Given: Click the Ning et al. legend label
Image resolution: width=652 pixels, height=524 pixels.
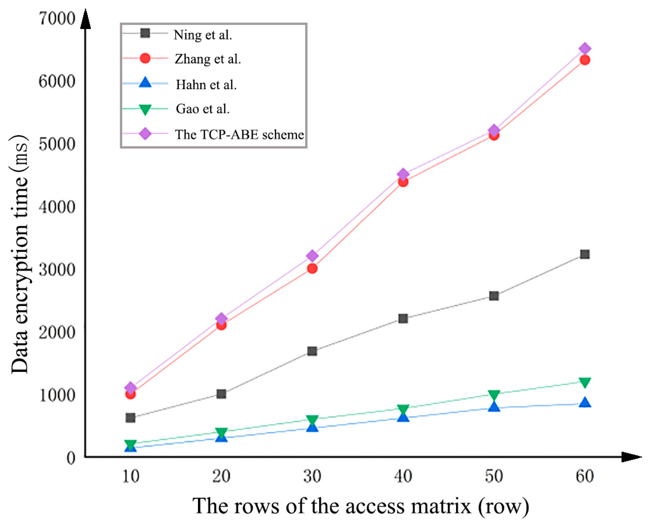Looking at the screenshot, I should point(203,35).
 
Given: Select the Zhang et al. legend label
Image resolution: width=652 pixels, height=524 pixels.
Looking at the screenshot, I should point(208,59).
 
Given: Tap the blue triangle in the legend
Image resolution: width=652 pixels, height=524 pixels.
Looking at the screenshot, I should point(145,83).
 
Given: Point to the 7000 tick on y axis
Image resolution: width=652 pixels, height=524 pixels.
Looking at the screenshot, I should point(57,19).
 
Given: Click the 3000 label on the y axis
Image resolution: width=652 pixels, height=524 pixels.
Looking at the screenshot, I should point(57,269).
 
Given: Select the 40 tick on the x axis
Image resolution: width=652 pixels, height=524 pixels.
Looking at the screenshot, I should point(403,476).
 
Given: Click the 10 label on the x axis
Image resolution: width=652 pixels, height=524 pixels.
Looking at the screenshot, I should point(131,476).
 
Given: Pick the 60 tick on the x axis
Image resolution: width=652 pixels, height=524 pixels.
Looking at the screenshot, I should point(584,476).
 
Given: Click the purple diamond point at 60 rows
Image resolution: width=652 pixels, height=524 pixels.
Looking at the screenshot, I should point(584,48).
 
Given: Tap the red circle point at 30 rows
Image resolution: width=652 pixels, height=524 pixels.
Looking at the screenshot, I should point(312,269).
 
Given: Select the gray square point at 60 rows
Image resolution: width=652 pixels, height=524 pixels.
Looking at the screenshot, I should point(584,254).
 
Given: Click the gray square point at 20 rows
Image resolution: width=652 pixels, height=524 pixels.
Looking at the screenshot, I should point(221,394).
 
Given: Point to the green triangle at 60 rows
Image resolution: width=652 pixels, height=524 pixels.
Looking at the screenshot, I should point(584,382).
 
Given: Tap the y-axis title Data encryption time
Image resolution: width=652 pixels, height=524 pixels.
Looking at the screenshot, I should point(20,254).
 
